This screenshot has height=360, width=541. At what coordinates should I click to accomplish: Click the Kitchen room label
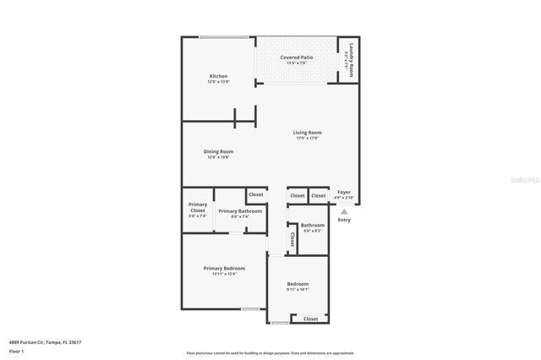coord(218,77)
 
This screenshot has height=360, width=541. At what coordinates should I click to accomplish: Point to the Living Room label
coord(307,133)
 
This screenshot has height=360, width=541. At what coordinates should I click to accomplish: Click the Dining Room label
coord(217,152)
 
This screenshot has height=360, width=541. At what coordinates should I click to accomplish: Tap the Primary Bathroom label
coord(239,210)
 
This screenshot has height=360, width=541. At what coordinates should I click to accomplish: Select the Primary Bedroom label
coord(224,268)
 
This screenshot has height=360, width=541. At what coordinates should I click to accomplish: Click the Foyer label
coord(344,193)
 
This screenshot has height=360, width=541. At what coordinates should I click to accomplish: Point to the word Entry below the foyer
coord(344,220)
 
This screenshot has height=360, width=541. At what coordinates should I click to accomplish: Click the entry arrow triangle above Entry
coord(344,210)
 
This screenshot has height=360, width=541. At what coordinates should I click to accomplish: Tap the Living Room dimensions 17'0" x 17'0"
coord(307,139)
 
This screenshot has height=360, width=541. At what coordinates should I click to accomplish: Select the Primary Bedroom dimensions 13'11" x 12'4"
coord(224,274)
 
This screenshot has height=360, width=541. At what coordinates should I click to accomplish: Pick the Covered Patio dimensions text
coord(297,63)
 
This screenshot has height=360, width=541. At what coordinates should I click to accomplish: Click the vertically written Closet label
coord(292,239)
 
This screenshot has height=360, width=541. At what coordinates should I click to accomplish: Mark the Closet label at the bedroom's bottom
coord(310,319)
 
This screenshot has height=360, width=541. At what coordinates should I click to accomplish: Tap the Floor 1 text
coord(16,351)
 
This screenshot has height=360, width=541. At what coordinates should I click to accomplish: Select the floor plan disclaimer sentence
coord(270,353)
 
